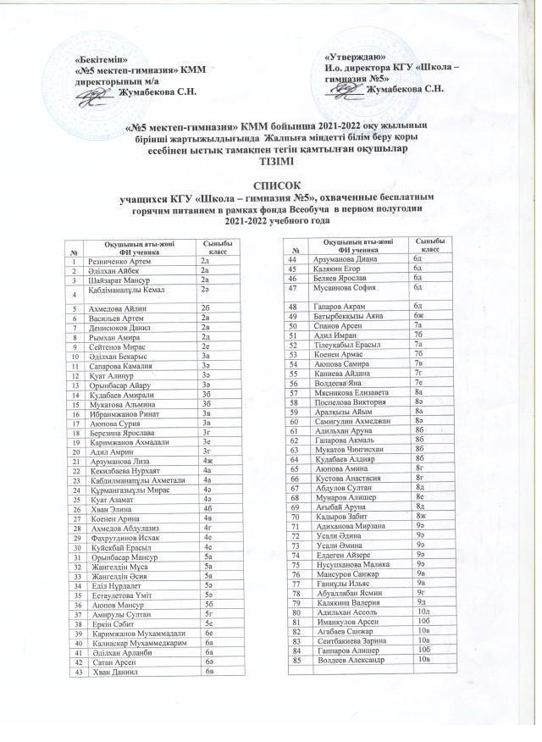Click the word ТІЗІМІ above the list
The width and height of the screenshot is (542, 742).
point(270,161)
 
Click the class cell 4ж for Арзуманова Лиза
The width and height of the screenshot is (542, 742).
point(205,459)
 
